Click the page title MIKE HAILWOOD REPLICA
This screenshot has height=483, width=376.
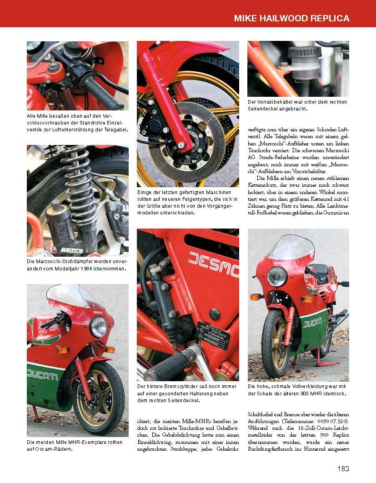tap(291, 19)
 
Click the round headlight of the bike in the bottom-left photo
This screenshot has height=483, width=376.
tap(98, 327)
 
